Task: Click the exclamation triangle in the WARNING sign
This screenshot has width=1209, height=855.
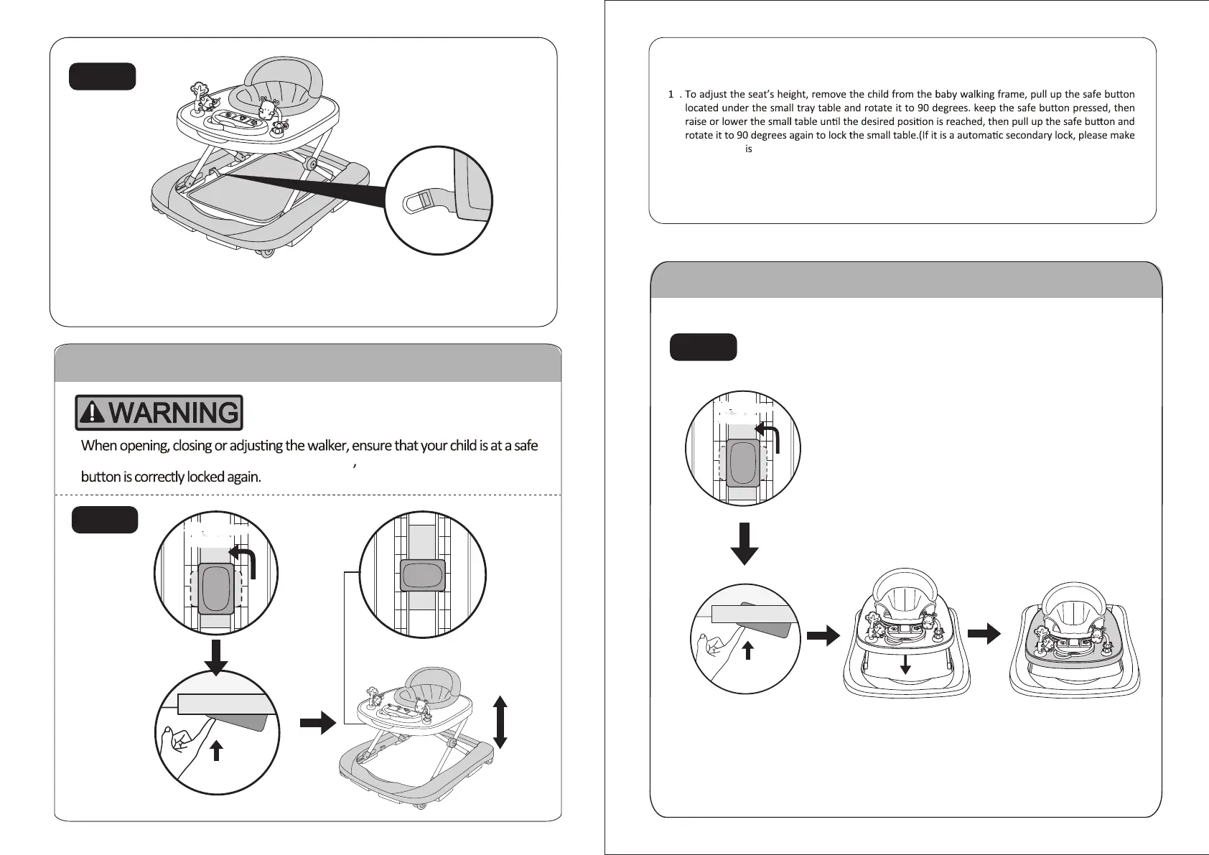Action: pos(93,412)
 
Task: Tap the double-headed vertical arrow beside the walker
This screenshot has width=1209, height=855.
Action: pos(501,722)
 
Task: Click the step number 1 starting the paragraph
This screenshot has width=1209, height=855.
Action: pos(671,94)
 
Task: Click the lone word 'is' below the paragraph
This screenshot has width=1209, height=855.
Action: pos(748,149)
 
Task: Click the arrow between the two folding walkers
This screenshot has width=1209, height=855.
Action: pos(984,634)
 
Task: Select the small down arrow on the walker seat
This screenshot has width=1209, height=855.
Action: pos(905,663)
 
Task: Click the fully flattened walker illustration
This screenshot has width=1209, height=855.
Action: pos(1074,639)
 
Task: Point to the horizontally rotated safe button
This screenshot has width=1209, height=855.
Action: pos(422,575)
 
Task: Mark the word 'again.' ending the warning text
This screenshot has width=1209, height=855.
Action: pos(244,477)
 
